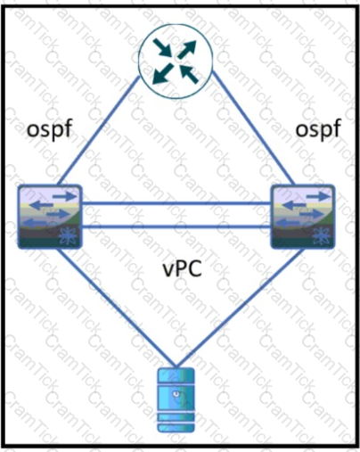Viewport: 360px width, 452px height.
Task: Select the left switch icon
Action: (x=50, y=217)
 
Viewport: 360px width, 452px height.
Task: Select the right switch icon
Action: (x=303, y=217)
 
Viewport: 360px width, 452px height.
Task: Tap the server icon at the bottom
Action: (x=176, y=399)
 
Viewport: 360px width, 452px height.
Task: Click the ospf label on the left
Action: (x=50, y=130)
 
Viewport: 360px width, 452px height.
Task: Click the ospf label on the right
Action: (x=318, y=130)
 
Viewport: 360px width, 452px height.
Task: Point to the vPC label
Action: (x=183, y=269)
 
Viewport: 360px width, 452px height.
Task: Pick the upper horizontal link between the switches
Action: (x=176, y=203)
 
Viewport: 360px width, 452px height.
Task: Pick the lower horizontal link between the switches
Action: (x=176, y=227)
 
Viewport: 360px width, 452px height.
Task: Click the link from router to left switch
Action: (x=98, y=130)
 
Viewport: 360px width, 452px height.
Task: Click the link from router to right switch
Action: (x=253, y=128)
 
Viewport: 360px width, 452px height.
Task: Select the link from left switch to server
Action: (x=116, y=308)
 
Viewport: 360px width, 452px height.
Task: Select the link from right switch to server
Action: (x=241, y=308)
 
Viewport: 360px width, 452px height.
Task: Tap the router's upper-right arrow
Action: (x=187, y=49)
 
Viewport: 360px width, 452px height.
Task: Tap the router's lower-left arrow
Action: (x=163, y=73)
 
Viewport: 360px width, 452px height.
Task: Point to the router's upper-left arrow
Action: (x=163, y=47)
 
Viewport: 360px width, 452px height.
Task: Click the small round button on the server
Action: (x=176, y=394)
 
